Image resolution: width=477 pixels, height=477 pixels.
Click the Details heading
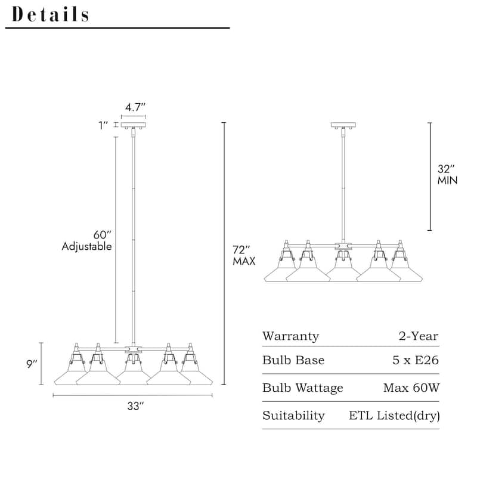point(50,14)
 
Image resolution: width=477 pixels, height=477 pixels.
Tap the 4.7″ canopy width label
point(135,107)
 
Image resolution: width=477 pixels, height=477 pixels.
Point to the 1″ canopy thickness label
point(103,125)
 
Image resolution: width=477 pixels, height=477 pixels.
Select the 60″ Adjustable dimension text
point(87,240)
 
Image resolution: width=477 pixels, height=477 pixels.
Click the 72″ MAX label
point(244,255)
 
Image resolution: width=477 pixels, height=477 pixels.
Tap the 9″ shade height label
point(32,364)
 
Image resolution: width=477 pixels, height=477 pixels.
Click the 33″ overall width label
point(135,406)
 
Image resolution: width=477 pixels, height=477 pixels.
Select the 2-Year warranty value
point(419,336)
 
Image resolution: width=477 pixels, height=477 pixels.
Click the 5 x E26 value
point(416,360)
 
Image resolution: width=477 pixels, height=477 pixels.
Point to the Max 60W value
point(411,388)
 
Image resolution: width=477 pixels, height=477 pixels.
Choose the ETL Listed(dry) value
point(394,416)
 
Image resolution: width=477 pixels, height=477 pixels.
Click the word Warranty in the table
point(291,336)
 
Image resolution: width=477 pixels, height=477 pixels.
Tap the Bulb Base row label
point(293,360)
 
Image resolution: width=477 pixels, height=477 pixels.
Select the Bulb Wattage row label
point(303,388)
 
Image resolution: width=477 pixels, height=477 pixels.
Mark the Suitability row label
point(293,416)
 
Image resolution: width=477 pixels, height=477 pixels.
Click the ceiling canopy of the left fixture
point(133,125)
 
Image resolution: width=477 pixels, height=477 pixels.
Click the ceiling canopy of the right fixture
point(343,125)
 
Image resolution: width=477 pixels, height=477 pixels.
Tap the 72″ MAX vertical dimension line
point(224,253)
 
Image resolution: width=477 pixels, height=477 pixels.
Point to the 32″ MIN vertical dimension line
point(430,176)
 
